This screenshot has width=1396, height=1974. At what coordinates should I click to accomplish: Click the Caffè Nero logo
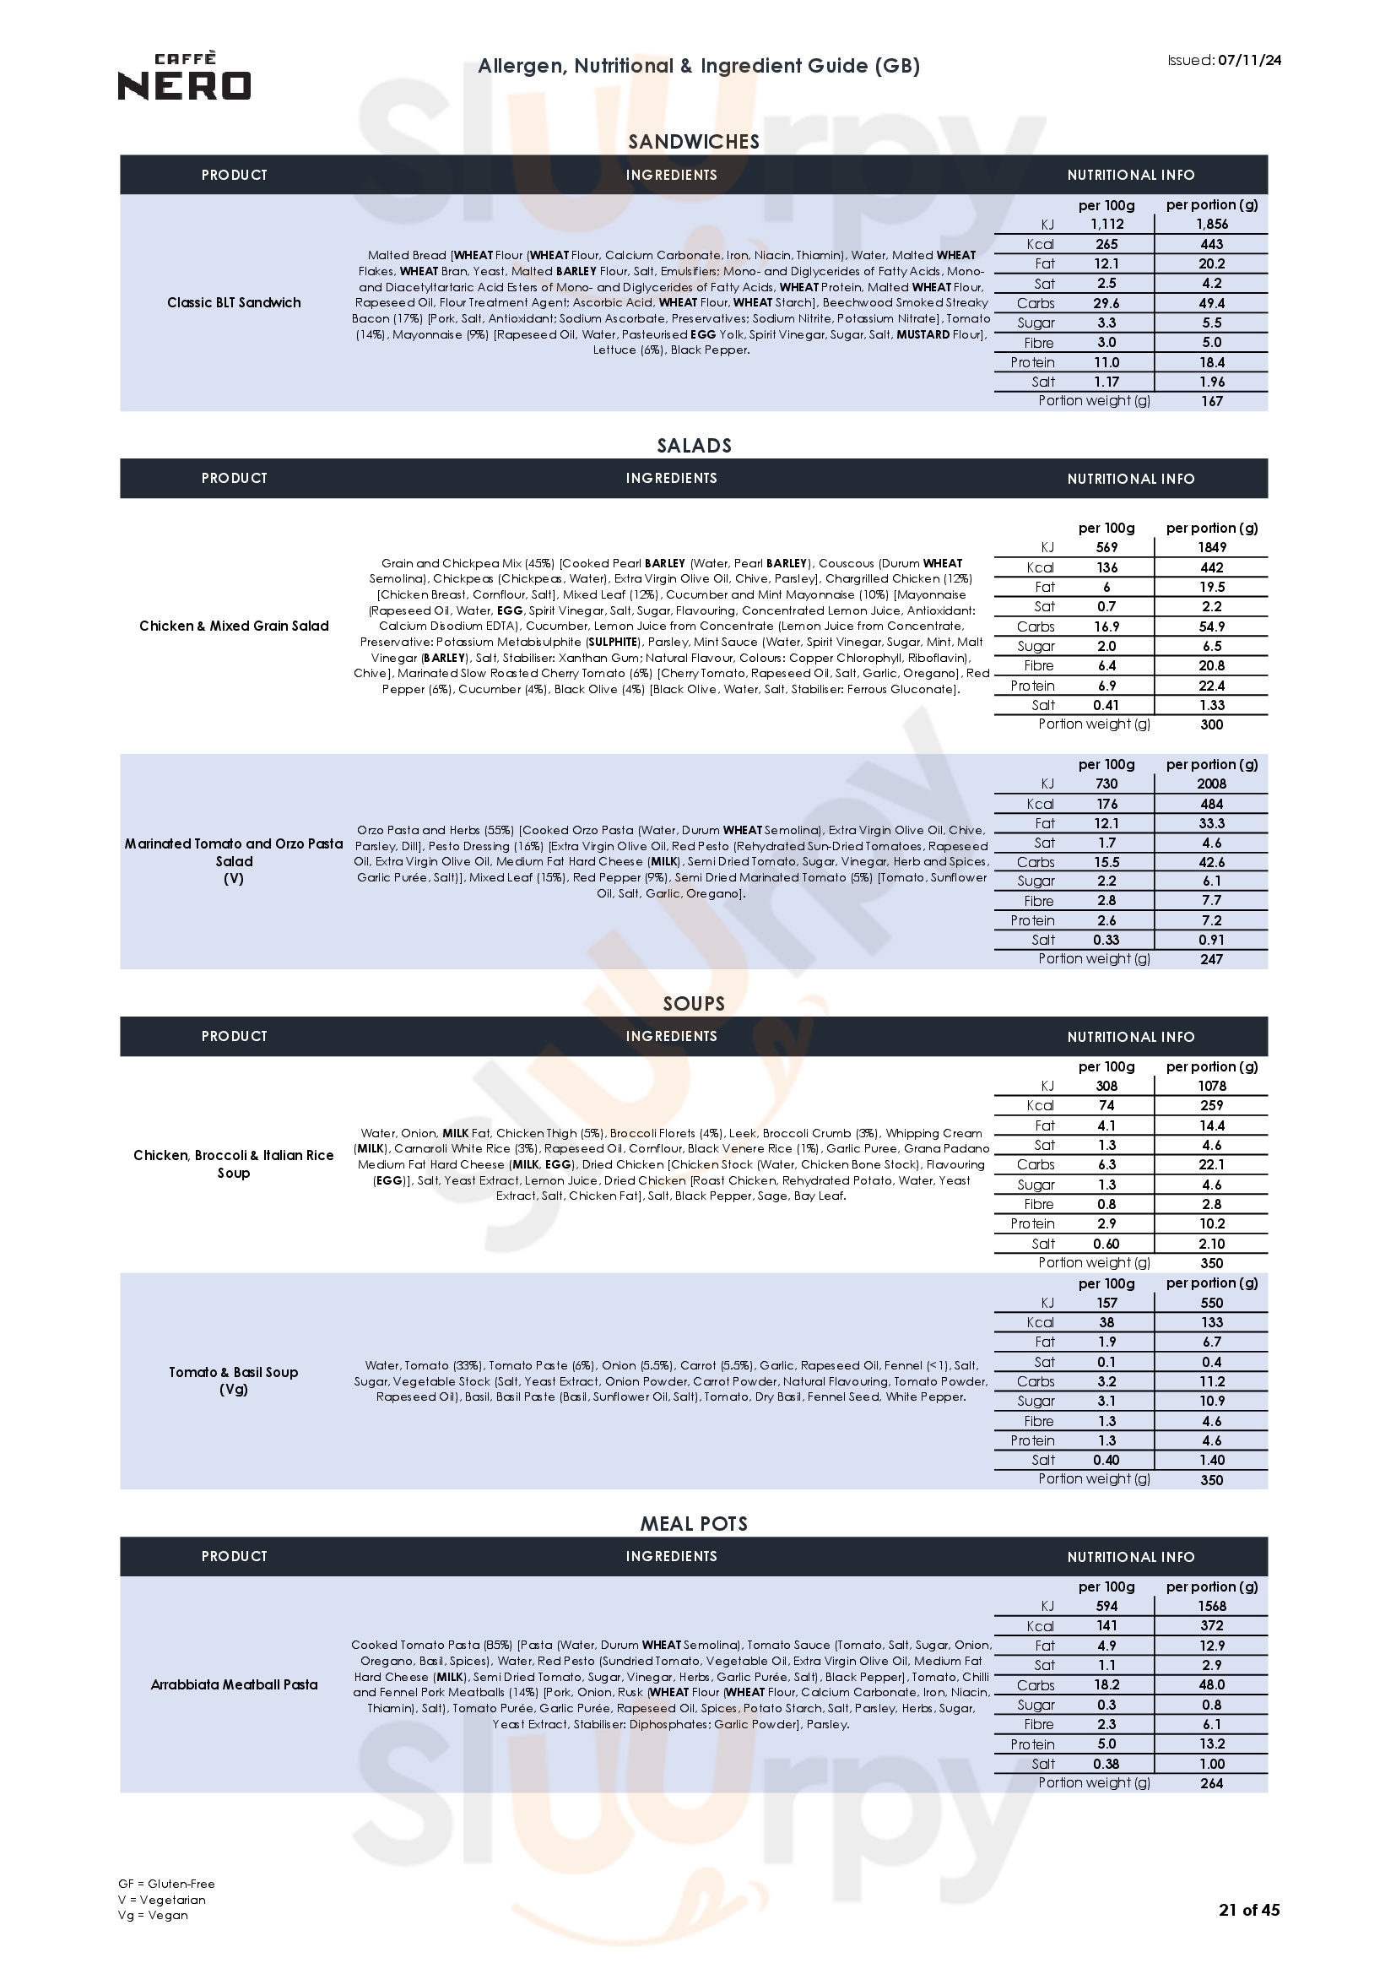tap(184, 77)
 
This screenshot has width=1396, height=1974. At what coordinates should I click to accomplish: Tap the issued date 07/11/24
tap(1249, 60)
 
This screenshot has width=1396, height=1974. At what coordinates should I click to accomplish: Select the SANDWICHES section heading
tap(694, 142)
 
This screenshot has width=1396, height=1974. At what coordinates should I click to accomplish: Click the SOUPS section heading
tap(694, 1003)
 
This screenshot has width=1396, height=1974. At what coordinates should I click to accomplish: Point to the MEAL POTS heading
tap(694, 1523)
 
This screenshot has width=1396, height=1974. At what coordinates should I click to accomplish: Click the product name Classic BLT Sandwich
tap(234, 302)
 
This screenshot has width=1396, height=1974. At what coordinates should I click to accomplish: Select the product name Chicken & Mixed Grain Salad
tap(234, 626)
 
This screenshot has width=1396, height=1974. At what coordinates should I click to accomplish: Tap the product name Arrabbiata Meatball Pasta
tap(234, 1684)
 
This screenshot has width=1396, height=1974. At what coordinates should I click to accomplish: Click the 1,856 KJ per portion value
tap(1211, 224)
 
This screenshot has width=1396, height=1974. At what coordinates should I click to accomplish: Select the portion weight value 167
tap(1211, 401)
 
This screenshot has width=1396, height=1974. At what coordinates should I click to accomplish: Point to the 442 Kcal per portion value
tap(1211, 567)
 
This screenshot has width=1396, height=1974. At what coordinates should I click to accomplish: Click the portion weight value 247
tap(1211, 959)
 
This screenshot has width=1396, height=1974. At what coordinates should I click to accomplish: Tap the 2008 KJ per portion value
tap(1211, 784)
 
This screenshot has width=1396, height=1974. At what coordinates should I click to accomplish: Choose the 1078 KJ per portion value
tap(1211, 1086)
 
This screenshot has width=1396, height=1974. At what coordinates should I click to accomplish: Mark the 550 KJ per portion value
tap(1211, 1303)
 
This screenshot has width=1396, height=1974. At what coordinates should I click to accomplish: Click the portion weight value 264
tap(1211, 1783)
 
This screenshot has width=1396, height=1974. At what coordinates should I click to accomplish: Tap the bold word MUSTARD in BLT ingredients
tap(923, 334)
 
